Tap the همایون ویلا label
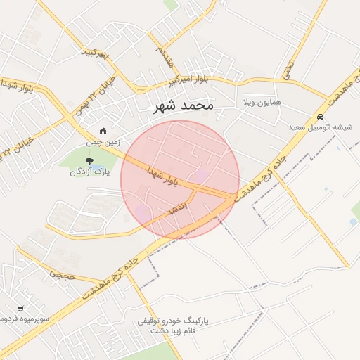point(262,102)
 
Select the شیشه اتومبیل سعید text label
point(321,127)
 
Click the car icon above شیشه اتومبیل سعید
point(321,117)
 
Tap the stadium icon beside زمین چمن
point(103,130)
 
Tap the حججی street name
point(62,276)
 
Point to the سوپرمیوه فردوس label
point(25,319)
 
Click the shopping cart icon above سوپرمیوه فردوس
point(20,308)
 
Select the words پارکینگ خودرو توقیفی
point(173,321)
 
